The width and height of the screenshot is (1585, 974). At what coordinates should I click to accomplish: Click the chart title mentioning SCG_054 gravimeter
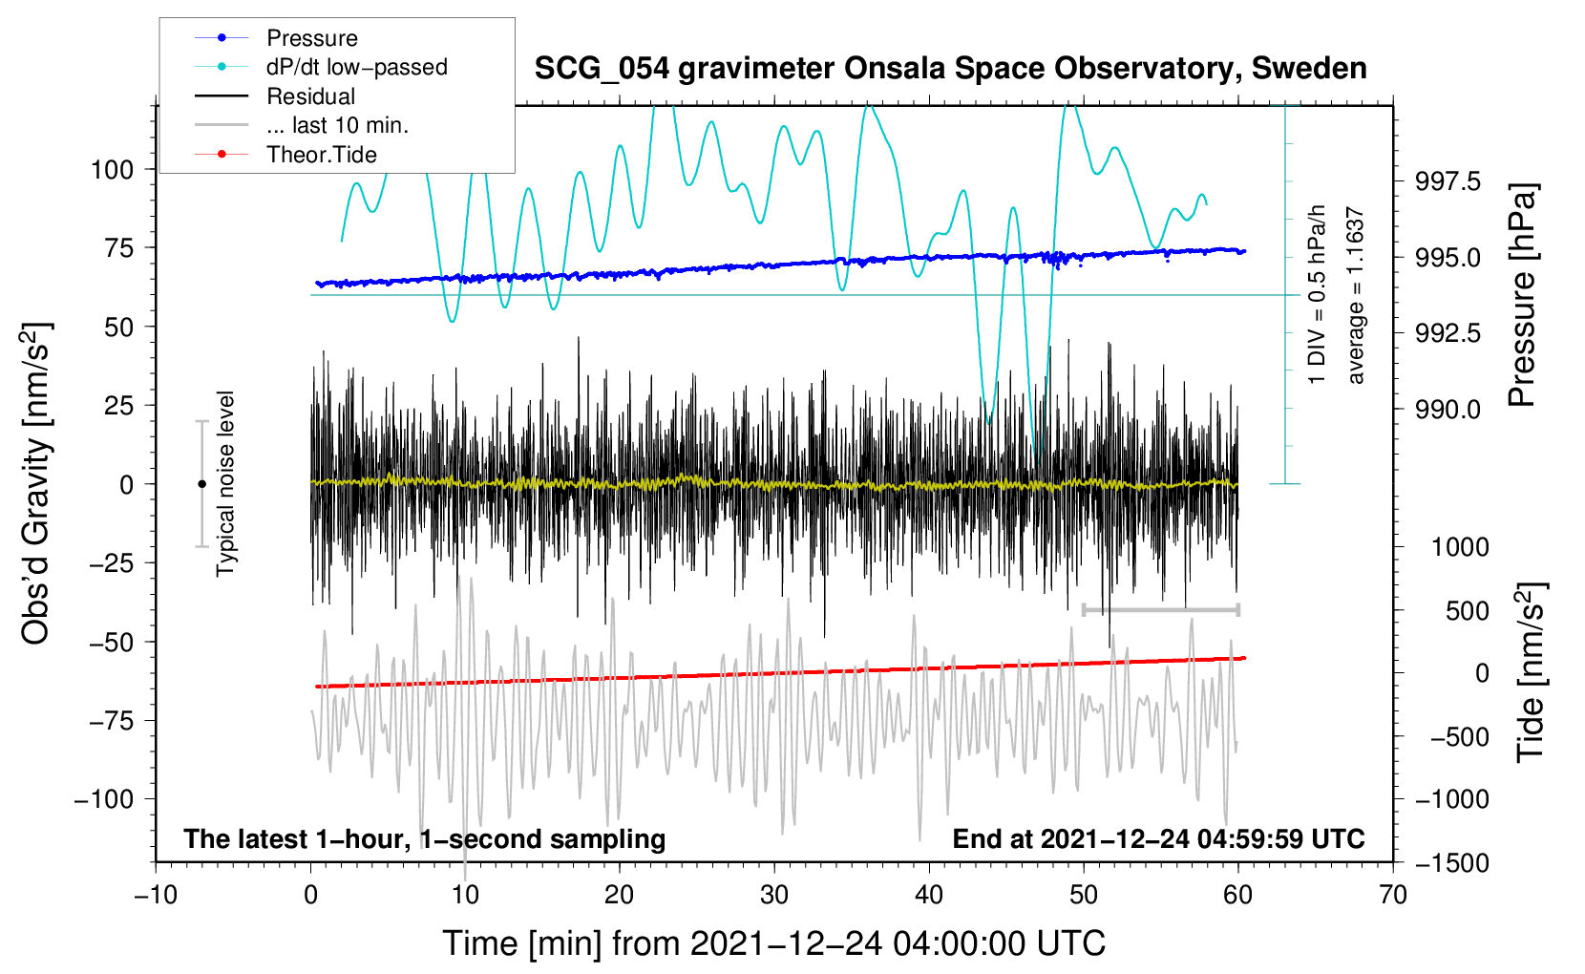[x=950, y=69]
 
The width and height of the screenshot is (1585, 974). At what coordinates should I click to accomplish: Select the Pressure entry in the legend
[x=311, y=38]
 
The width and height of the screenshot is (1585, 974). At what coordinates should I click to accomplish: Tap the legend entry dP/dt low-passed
[x=356, y=67]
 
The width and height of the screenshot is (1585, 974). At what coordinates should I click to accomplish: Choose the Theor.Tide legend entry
[x=321, y=155]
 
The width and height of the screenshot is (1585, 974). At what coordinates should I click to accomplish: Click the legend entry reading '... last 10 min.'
[x=337, y=125]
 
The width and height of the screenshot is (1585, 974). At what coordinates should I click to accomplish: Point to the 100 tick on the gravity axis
[x=112, y=170]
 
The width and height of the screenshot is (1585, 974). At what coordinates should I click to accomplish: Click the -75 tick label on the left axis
[x=112, y=721]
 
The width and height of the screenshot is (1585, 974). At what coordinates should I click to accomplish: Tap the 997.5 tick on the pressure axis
[x=1448, y=181]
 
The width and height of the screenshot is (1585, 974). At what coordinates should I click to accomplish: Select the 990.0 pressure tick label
[x=1448, y=410]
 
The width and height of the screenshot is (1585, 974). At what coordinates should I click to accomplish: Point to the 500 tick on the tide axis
[x=1467, y=611]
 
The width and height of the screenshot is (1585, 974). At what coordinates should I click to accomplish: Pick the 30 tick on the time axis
[x=774, y=895]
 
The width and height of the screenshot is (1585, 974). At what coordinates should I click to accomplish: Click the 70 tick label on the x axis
[x=1393, y=895]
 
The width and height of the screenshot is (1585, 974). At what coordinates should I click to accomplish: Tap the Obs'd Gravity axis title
[x=35, y=484]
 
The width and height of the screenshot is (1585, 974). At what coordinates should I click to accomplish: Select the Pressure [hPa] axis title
[x=1524, y=295]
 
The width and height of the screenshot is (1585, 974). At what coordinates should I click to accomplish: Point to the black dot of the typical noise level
[x=201, y=484]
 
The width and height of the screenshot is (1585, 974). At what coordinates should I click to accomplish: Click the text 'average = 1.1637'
[x=1356, y=296]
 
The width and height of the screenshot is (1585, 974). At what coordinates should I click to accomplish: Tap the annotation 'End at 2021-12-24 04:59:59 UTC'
[x=1158, y=839]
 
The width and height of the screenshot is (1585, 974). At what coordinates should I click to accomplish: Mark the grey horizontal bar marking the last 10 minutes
[x=1160, y=609]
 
